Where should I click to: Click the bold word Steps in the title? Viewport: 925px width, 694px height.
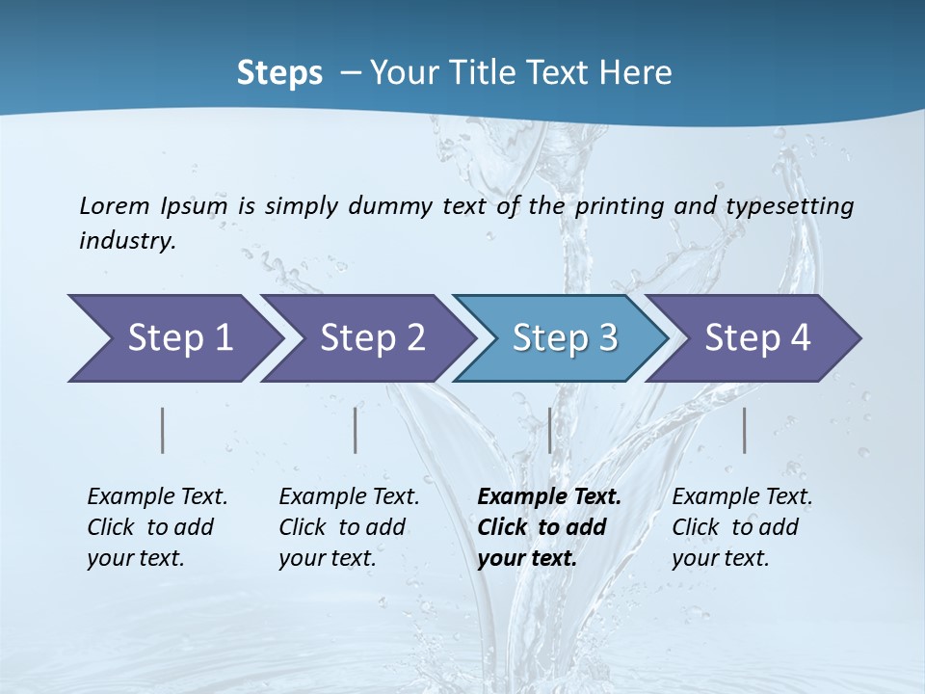point(279,73)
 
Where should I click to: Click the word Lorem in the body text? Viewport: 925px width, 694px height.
point(115,205)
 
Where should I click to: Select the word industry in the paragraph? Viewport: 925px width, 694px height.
point(127,241)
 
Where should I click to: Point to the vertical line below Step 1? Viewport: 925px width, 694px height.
point(163,430)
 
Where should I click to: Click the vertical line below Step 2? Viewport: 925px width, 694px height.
point(356,430)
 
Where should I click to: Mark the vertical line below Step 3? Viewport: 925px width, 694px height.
point(550,430)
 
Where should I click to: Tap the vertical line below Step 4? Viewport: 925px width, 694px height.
point(745,430)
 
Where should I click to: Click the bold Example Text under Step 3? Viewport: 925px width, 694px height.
point(549,496)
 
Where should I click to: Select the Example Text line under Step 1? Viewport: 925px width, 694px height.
point(157,496)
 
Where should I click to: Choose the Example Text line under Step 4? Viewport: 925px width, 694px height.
point(742,496)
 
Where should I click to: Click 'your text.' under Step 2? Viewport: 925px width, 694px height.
point(328,558)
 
